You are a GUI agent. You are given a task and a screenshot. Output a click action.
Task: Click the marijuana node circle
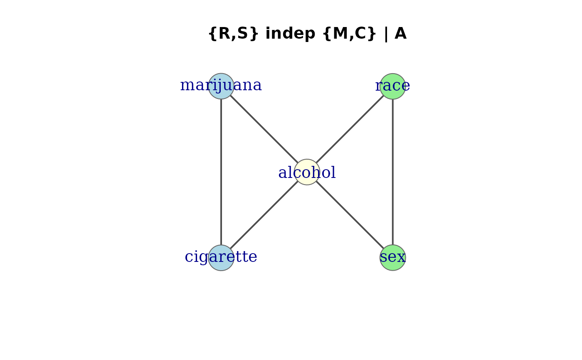click(x=221, y=86)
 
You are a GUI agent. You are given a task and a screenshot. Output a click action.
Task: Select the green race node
click(x=393, y=86)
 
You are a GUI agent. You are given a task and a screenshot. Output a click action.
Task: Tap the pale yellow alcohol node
click(x=307, y=172)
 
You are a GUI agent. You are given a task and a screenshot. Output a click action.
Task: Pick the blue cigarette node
click(x=221, y=258)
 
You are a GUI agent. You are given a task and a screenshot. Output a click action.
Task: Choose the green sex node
click(x=393, y=258)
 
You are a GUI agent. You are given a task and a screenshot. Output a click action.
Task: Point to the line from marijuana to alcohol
click(x=264, y=129)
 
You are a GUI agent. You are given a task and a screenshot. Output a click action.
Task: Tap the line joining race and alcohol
click(x=350, y=129)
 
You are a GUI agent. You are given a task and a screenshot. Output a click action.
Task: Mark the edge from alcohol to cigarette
click(x=264, y=215)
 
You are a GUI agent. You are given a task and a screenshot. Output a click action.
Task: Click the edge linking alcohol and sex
click(x=350, y=215)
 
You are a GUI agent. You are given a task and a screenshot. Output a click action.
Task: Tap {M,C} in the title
click(x=350, y=34)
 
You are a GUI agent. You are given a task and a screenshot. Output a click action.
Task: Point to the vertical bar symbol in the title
click(x=386, y=34)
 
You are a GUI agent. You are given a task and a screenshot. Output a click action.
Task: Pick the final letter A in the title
click(x=400, y=34)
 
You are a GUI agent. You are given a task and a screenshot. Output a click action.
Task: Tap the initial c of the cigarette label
click(x=188, y=257)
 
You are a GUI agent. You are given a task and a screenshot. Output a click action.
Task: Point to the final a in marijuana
click(x=258, y=86)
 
